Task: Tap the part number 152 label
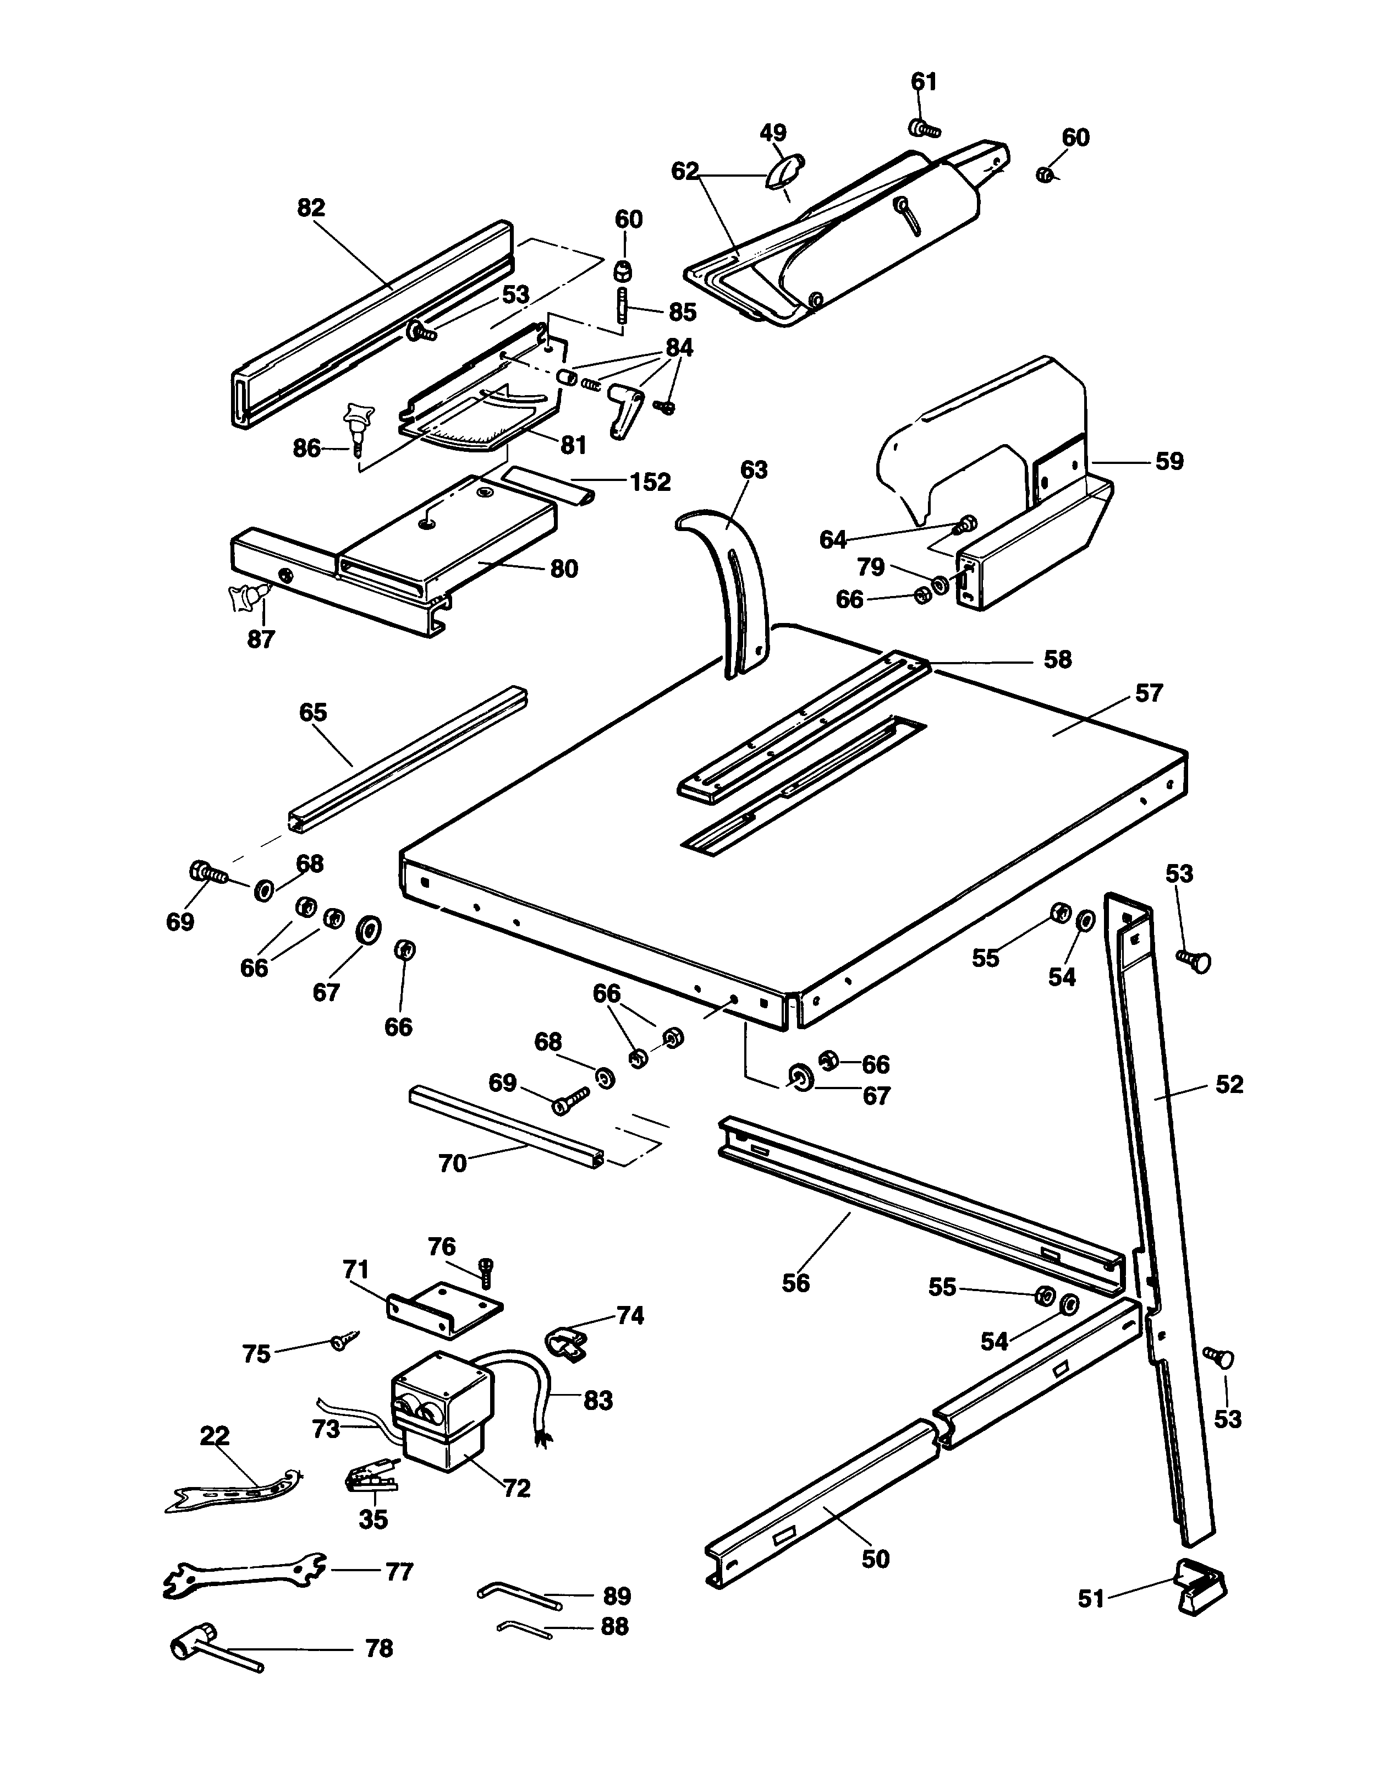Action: point(650,482)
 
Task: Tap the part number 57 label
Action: point(1149,694)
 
